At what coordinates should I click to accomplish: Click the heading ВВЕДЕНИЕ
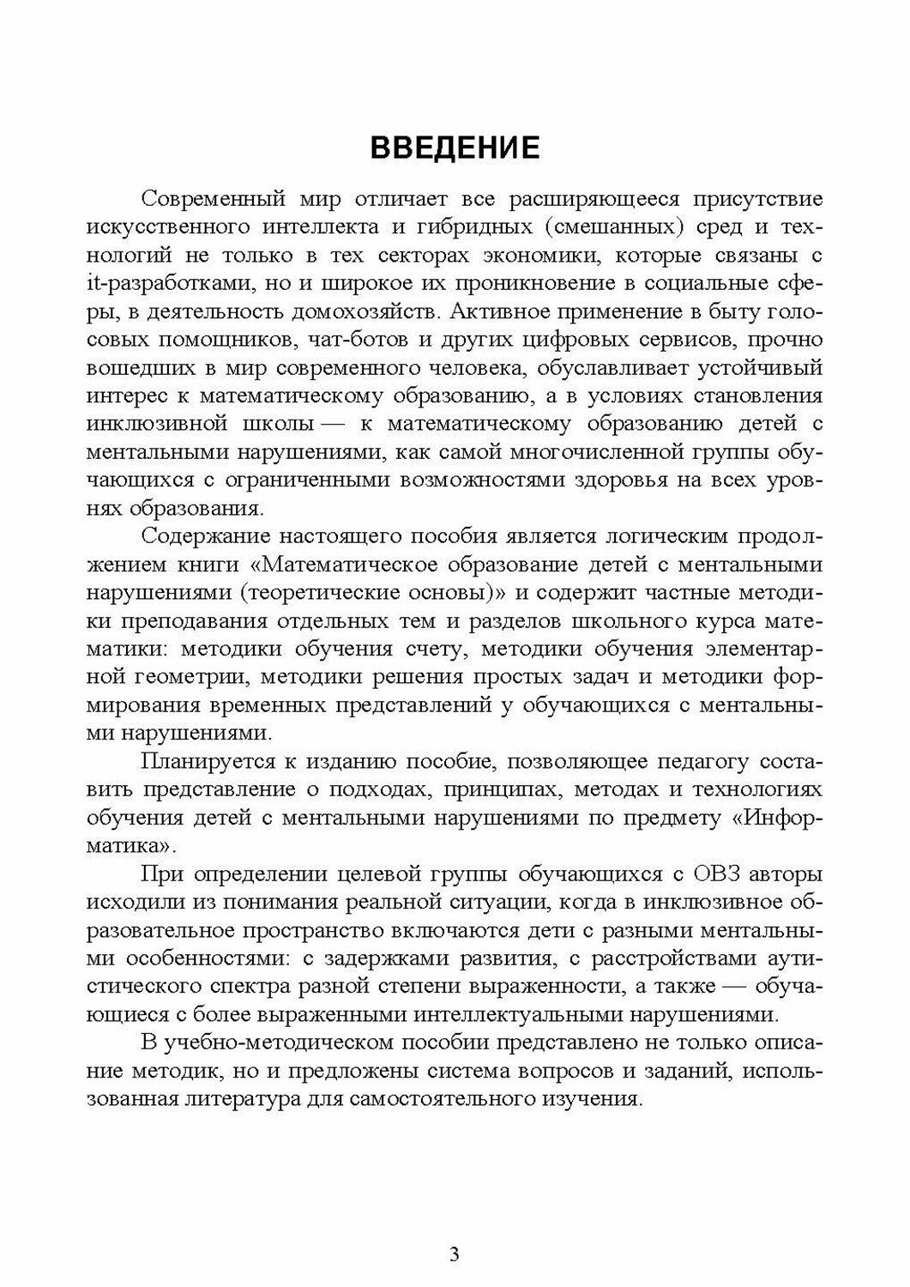pos(455,148)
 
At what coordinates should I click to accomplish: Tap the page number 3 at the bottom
pos(455,1254)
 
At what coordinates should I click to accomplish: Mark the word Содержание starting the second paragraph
pos(202,536)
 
